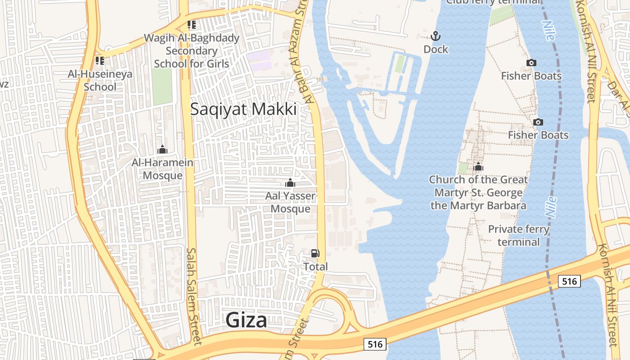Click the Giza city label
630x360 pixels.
pos(246,320)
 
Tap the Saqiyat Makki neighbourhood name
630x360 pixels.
pos(243,109)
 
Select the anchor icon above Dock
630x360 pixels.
pos(435,36)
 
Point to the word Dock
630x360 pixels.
pos(436,49)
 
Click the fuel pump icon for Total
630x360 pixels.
pos(315,254)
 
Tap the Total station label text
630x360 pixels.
pos(315,266)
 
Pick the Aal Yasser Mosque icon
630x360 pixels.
pos(290,183)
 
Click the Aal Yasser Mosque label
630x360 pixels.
pos(290,202)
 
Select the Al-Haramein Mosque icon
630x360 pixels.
pos(162,149)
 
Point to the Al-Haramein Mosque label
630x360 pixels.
pos(162,169)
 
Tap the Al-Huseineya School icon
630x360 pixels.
pos(100,60)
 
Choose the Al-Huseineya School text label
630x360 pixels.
pos(100,80)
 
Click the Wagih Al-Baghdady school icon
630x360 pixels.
pos(192,25)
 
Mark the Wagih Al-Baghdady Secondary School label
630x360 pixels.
pos(192,51)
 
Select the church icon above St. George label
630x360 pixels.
pos(478,167)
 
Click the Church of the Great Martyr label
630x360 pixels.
pos(478,193)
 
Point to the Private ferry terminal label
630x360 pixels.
pos(518,235)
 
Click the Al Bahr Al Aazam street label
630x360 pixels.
pos(305,54)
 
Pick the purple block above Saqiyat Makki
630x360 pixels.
pos(260,60)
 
